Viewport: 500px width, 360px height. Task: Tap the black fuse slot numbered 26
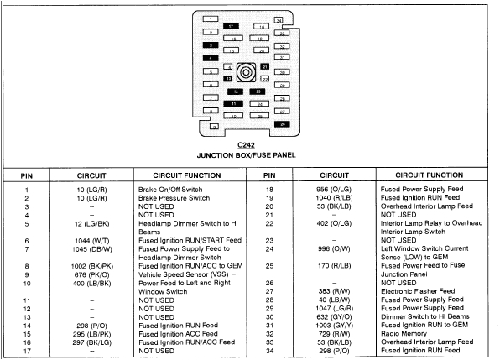click(x=283, y=123)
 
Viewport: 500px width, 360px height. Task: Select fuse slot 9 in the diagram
click(x=214, y=127)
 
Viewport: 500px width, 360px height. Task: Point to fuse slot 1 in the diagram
click(x=210, y=18)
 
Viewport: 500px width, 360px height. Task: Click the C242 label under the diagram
click(x=247, y=145)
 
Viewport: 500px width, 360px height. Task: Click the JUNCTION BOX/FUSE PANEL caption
click(x=247, y=155)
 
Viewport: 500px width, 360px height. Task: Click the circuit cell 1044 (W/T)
click(x=91, y=240)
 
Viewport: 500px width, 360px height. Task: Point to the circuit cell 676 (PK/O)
click(x=91, y=274)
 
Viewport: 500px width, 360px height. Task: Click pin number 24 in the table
click(x=269, y=248)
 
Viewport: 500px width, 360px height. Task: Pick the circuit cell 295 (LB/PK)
click(x=91, y=332)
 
